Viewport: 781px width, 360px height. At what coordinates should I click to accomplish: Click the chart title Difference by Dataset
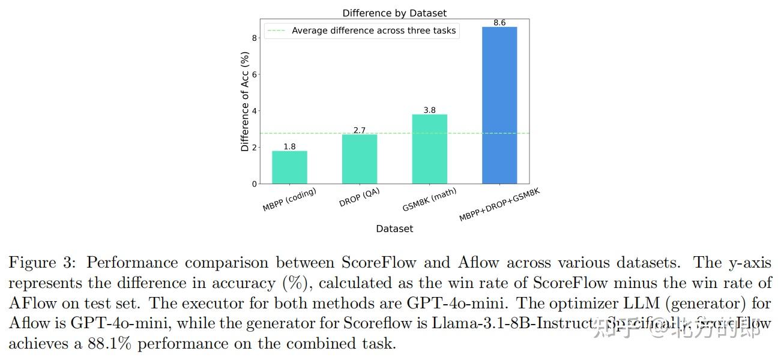[x=394, y=13]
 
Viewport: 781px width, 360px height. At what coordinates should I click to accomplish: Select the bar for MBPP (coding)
[x=289, y=167]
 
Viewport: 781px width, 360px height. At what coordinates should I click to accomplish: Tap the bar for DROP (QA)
[x=360, y=159]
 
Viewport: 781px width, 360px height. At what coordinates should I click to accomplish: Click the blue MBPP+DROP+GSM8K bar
[x=499, y=105]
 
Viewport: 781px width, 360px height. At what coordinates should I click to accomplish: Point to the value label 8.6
[x=499, y=23]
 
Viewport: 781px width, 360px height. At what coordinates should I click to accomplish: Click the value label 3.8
[x=429, y=110]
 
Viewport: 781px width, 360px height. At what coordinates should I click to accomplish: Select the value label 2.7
[x=360, y=130]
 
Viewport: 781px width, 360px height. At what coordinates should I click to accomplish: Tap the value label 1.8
[x=289, y=146]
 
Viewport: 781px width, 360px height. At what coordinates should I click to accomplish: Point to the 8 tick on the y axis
[x=255, y=38]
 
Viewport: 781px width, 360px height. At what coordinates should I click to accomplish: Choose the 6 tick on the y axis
[x=255, y=74]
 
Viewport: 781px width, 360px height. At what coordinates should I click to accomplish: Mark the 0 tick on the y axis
[x=255, y=184]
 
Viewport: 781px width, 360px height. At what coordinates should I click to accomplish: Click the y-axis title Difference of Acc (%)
[x=245, y=101]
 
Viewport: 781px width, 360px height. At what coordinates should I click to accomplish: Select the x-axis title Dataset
[x=394, y=229]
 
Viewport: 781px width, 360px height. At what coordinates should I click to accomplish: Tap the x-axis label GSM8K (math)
[x=430, y=200]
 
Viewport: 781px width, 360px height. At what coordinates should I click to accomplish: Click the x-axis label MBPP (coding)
[x=290, y=200]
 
